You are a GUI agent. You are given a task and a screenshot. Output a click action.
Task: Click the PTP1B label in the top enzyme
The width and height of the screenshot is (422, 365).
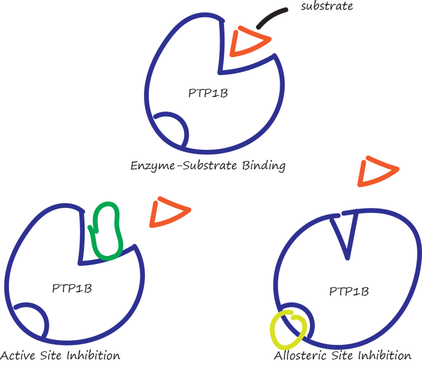[x=208, y=93]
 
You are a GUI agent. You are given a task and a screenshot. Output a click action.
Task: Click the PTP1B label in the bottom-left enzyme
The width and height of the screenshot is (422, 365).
[x=72, y=288]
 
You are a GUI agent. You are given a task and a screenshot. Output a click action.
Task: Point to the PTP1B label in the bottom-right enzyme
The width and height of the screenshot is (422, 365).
[x=349, y=291]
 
